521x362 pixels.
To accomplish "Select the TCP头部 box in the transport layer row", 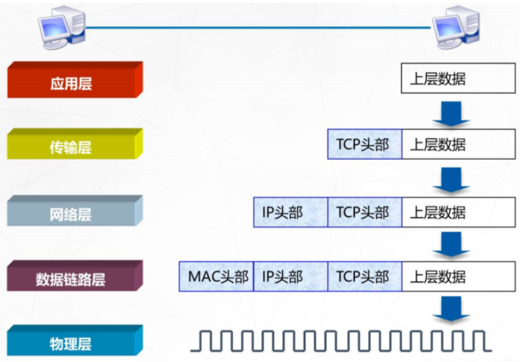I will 364,144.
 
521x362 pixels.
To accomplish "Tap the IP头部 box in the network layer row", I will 290,212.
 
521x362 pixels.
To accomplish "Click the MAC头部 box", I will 216,277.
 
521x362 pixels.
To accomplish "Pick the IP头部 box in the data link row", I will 290,277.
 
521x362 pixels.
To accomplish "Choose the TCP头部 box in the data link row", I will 364,277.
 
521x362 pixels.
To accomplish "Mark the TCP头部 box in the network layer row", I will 364,212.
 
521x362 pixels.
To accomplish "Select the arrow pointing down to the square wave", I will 451,308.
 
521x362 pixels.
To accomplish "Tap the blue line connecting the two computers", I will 259,27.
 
